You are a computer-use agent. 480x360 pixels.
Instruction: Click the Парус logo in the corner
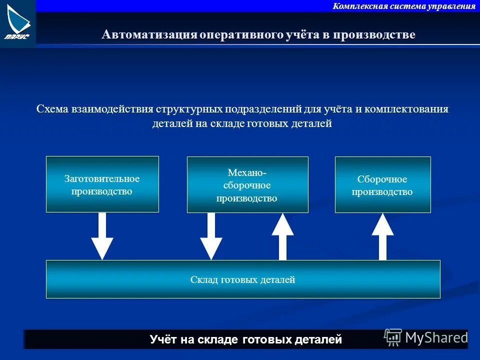coord(17,22)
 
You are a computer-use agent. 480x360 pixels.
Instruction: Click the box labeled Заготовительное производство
coord(102,184)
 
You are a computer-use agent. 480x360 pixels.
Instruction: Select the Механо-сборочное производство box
coord(247,184)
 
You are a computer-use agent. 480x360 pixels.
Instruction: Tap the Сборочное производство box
coord(382,184)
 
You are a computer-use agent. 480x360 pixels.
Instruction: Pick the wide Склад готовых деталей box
coord(243,279)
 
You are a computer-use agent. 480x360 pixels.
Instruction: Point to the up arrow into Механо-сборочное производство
coord(282,236)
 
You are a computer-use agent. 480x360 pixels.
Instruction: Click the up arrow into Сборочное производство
coord(382,236)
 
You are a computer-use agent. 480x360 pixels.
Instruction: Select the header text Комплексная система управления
coord(404,6)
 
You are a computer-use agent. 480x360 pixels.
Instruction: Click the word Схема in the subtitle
coord(53,109)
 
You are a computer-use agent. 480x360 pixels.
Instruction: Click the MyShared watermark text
coord(436,337)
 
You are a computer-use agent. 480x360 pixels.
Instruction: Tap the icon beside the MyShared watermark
coord(393,338)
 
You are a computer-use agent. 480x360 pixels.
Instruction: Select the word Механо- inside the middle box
coord(247,172)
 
